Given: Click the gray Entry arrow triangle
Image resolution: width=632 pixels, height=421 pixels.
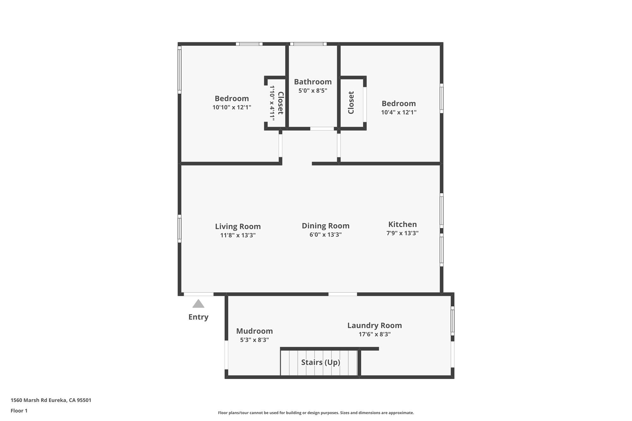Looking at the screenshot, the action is [x=198, y=304].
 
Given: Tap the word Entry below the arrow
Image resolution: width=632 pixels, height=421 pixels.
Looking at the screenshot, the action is [x=198, y=317].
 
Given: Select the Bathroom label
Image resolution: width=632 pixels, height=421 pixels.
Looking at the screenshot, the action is [x=313, y=82].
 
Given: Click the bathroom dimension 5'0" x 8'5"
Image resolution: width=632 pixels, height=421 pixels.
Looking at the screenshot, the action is [x=313, y=91].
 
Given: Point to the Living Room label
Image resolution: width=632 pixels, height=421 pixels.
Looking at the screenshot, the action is [x=238, y=226].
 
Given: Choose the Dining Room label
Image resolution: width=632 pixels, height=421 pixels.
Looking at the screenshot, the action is [x=325, y=226].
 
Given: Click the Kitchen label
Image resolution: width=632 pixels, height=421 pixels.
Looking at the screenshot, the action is [x=403, y=224].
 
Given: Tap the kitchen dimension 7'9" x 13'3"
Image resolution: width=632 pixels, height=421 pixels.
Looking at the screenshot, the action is [x=403, y=233].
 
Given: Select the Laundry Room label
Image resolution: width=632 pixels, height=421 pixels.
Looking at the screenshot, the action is [x=375, y=325].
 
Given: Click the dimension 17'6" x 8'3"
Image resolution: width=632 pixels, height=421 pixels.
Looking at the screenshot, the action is [x=375, y=334].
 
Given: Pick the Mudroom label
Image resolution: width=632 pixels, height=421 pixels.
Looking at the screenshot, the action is [x=254, y=331].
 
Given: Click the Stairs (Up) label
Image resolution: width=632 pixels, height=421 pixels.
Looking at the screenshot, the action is [x=321, y=362].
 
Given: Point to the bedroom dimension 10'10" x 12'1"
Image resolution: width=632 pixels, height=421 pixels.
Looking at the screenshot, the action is [x=232, y=107].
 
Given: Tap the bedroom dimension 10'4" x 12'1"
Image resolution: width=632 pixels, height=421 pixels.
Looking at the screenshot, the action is [x=399, y=112].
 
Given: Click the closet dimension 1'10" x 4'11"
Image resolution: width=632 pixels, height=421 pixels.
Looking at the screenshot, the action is [x=272, y=103].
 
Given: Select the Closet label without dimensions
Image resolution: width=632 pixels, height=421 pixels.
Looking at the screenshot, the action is [x=351, y=103].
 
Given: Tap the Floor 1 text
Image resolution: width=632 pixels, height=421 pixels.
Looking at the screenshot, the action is [x=19, y=411].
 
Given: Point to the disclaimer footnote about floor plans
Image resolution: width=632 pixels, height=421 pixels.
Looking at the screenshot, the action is [x=316, y=412].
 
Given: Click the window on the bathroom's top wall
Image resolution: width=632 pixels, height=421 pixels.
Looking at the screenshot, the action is [x=308, y=44].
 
